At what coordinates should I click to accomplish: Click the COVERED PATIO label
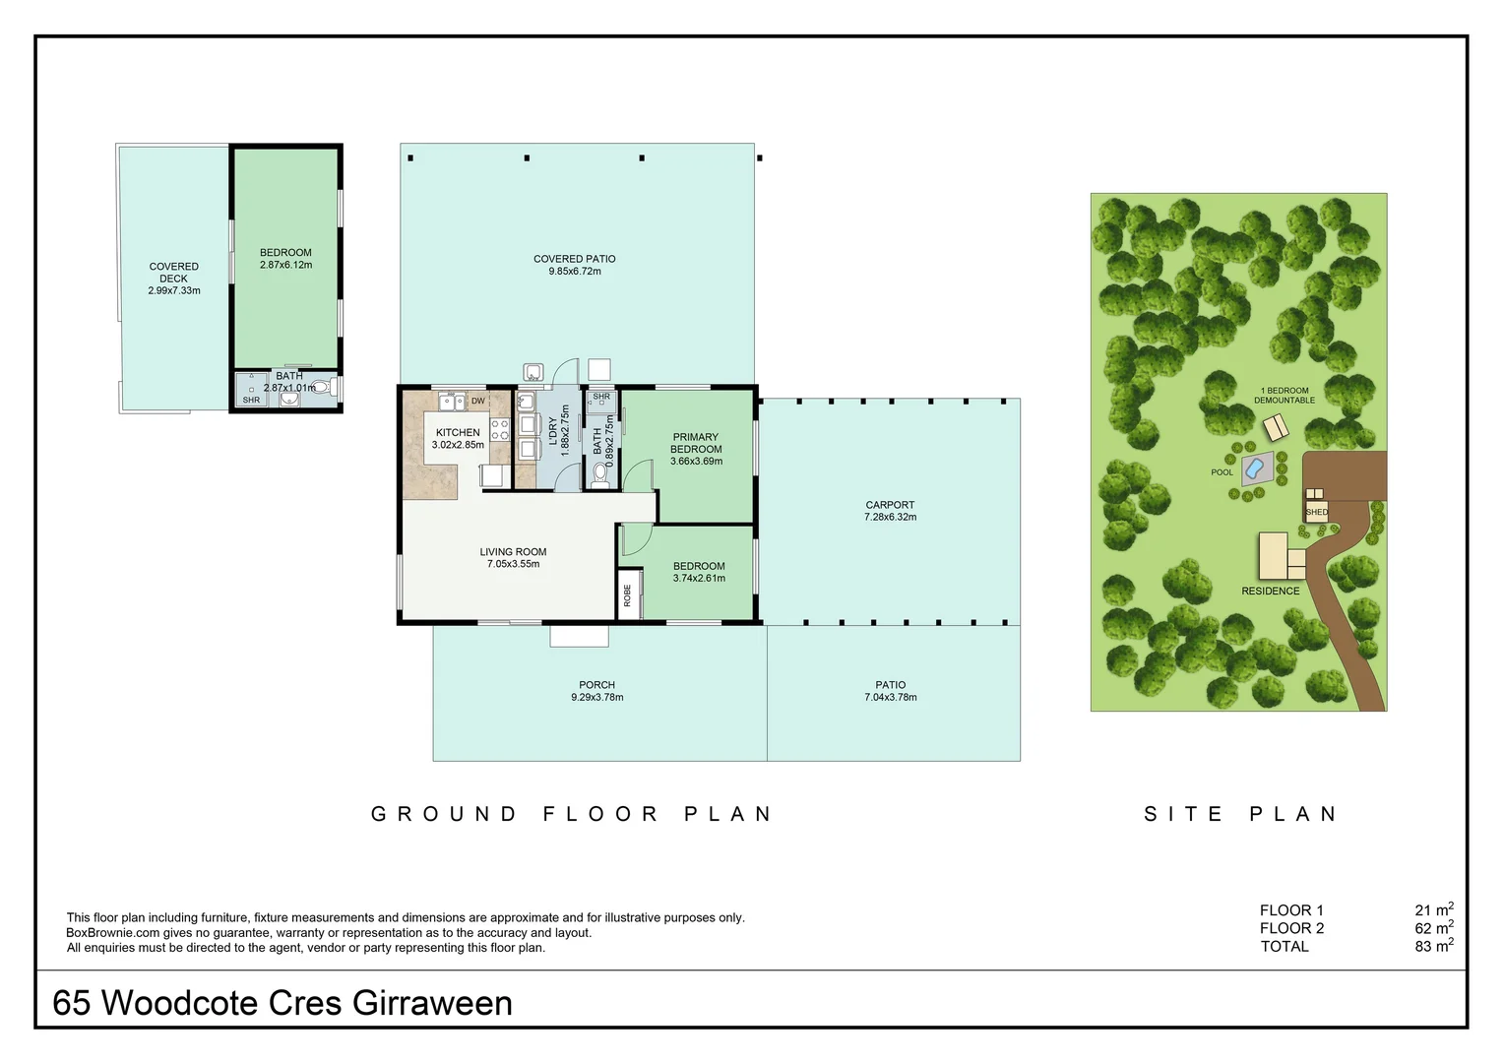[574, 259]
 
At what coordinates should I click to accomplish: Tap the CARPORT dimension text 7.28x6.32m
[890, 517]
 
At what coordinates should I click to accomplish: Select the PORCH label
[596, 685]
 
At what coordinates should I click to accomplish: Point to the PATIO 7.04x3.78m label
[890, 691]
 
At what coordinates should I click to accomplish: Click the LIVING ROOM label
[513, 552]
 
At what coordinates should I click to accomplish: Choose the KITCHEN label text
[458, 432]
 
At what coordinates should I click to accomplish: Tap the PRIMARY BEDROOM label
[696, 443]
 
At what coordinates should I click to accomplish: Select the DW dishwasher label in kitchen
[478, 401]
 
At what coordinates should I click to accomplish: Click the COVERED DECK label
[173, 273]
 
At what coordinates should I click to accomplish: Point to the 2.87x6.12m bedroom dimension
[285, 265]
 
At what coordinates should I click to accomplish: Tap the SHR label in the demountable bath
[251, 400]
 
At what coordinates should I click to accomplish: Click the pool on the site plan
[1255, 469]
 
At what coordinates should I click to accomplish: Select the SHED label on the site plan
[1316, 512]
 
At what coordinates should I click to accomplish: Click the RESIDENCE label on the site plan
[1270, 591]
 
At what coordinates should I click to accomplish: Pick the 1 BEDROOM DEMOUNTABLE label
[1285, 395]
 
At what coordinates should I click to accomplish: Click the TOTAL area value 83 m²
[1433, 946]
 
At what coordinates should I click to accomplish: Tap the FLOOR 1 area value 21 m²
[1433, 910]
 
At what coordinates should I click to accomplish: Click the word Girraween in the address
[432, 1003]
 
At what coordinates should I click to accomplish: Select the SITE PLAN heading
[1241, 814]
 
